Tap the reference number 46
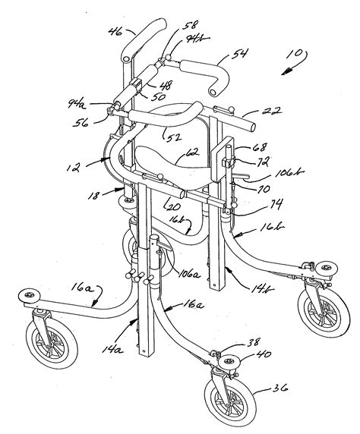tap(115, 32)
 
